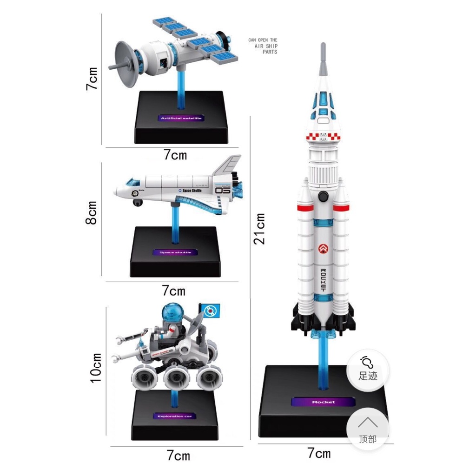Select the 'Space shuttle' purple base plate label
175,252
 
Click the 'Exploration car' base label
174,416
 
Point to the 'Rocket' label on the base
323,402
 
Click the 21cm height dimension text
260,229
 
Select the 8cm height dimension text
92,212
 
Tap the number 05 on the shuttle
223,191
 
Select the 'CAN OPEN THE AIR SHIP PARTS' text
263,46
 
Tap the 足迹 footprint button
368,370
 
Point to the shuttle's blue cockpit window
133,182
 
